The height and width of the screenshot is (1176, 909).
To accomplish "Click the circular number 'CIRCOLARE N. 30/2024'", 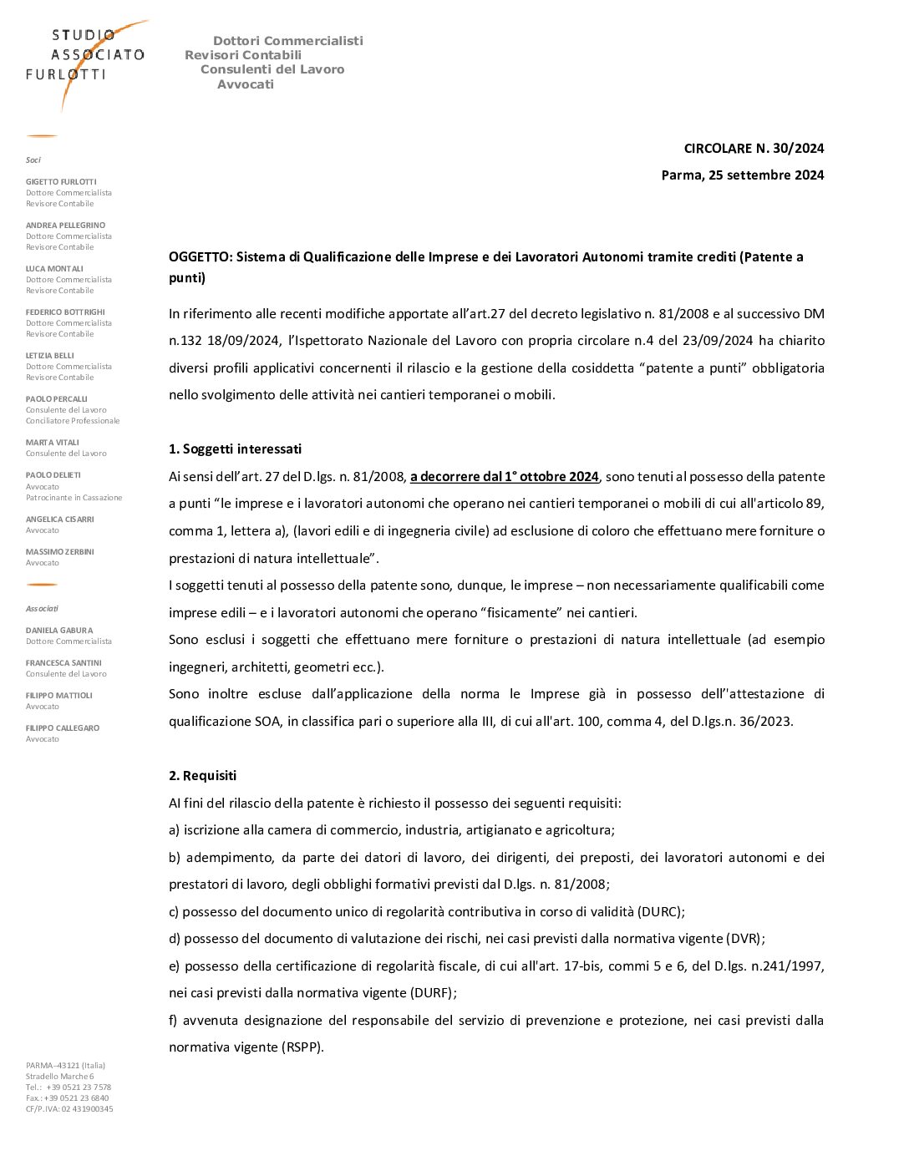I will [x=754, y=149].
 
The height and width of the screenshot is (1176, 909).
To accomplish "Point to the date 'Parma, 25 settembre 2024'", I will [x=742, y=175].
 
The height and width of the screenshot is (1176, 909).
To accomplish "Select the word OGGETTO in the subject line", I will [x=200, y=257].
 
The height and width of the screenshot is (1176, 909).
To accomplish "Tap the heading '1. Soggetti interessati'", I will [x=235, y=449].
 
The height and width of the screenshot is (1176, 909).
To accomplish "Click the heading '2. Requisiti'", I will [x=202, y=776].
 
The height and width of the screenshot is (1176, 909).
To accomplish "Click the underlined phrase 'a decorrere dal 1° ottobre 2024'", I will [x=504, y=477].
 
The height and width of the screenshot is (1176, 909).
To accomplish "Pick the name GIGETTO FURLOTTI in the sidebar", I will [x=61, y=182].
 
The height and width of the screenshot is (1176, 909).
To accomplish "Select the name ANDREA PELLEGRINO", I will [x=65, y=226].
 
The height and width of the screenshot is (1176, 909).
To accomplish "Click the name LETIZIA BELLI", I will [x=49, y=356].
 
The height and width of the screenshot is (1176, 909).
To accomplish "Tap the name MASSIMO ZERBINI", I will [x=59, y=552].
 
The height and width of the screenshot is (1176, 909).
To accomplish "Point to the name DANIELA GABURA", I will [x=59, y=631].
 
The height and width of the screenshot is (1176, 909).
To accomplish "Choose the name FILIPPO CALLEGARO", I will [x=63, y=728].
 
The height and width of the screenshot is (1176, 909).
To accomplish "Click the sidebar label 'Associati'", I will [x=42, y=609].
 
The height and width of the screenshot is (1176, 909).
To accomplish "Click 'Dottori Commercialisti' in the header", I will [x=287, y=41].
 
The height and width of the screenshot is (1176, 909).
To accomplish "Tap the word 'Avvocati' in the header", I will [x=246, y=84].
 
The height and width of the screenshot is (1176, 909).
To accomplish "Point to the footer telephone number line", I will [x=69, y=1087].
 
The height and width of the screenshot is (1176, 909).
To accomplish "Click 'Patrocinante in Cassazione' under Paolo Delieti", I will [x=74, y=498].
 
